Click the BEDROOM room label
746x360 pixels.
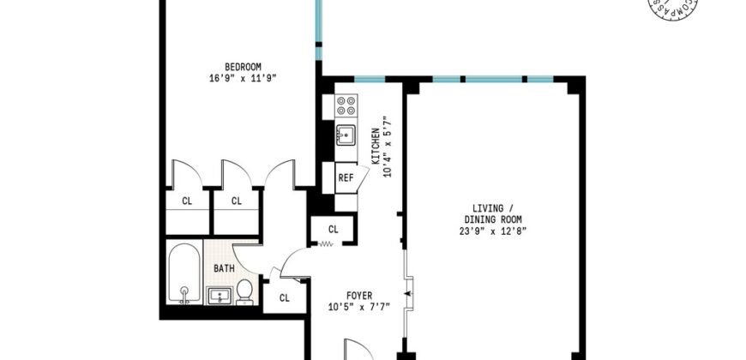[243, 67]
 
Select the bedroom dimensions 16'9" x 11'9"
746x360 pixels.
[243, 78]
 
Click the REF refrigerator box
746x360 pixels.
[346, 178]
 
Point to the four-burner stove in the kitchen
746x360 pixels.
[346, 105]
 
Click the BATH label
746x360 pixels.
[224, 268]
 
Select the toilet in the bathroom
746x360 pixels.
[244, 291]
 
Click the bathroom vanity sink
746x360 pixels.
[220, 297]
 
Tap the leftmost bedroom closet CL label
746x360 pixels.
[186, 201]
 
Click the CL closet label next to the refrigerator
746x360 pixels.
[334, 229]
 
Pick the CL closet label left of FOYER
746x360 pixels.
[284, 297]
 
